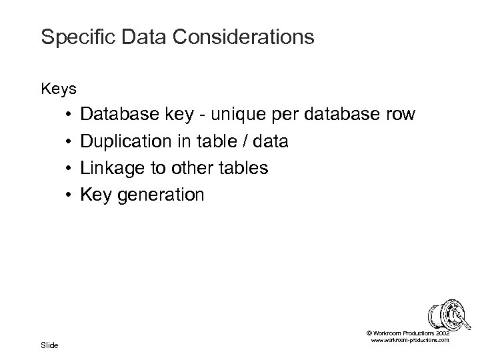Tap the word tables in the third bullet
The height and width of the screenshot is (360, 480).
tap(244, 169)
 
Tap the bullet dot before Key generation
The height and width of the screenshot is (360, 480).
tap(69, 196)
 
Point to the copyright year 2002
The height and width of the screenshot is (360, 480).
tap(442, 333)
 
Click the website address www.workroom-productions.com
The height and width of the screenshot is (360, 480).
tap(408, 340)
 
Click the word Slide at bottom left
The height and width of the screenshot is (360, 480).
tap(49, 344)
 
